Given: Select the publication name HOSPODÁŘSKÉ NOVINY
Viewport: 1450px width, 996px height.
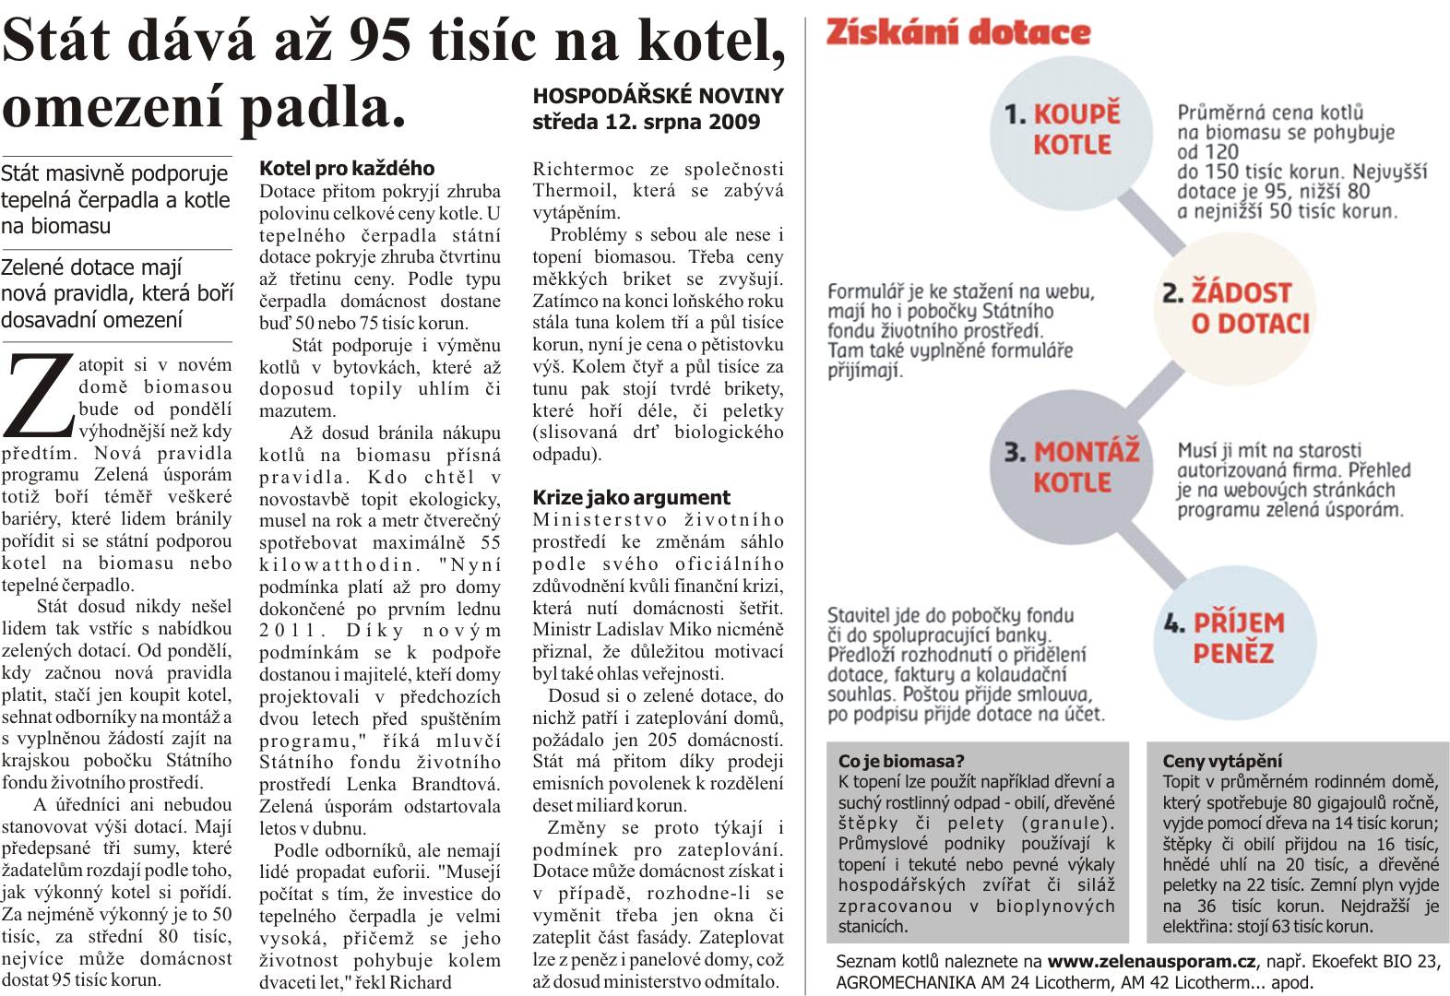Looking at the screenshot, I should point(658,96).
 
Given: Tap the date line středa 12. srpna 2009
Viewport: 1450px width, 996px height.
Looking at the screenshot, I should point(646,122).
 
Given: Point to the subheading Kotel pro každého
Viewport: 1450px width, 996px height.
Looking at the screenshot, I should point(346,168).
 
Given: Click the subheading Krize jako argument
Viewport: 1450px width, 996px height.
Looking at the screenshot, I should point(631,497).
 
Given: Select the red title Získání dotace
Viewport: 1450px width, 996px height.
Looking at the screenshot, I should point(957,33).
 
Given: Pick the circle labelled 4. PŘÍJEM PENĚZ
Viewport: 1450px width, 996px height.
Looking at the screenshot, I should point(1233,637).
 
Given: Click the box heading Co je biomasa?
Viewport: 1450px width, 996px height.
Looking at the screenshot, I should point(900,761).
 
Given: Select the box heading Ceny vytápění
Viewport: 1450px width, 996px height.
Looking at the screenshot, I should point(1221,761).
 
